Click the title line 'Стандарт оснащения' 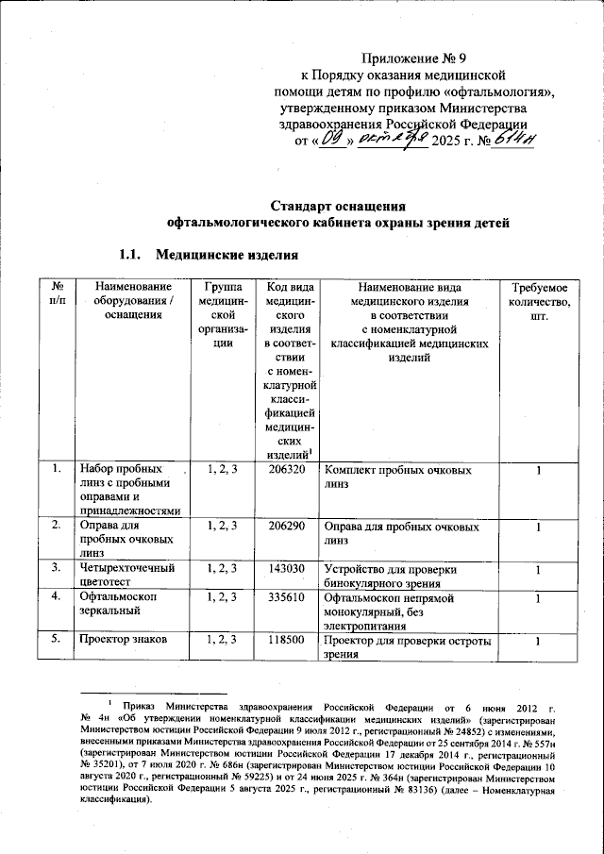tap(338, 206)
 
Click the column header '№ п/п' tap(58, 293)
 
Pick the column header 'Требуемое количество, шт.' tap(538, 300)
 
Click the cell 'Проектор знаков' tap(123, 640)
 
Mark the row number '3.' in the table tap(58, 567)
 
